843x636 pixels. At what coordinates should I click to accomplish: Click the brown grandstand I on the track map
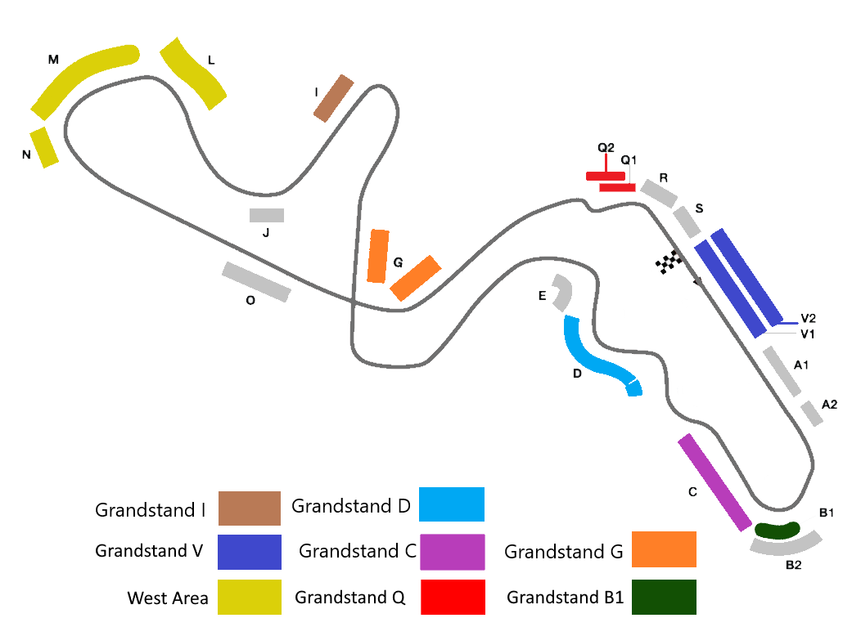[x=333, y=98]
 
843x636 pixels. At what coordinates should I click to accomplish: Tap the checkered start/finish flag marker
[x=669, y=262]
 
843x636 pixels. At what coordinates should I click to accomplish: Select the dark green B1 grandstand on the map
[x=777, y=531]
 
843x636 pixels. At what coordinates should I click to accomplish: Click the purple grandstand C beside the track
[x=715, y=482]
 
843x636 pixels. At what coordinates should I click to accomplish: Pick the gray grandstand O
[x=256, y=282]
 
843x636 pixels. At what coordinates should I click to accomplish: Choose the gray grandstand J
[x=267, y=216]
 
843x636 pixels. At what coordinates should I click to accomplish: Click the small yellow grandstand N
[x=44, y=147]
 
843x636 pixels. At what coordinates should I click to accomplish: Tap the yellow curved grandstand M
[x=82, y=78]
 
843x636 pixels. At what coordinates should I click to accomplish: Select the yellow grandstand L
[x=193, y=74]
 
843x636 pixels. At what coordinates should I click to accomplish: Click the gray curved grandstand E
[x=562, y=293]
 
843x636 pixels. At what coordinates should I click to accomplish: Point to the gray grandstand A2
[x=811, y=413]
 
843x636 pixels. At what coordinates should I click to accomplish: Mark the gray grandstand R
[x=659, y=193]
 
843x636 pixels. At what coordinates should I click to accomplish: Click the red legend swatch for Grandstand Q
[x=453, y=597]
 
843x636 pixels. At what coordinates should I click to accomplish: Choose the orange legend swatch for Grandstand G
[x=664, y=549]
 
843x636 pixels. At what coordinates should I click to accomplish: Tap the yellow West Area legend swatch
[x=250, y=597]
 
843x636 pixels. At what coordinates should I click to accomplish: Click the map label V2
[x=809, y=318]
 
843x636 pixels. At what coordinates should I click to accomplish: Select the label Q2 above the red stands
[x=606, y=148]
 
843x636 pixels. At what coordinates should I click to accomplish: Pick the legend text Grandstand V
[x=149, y=551]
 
